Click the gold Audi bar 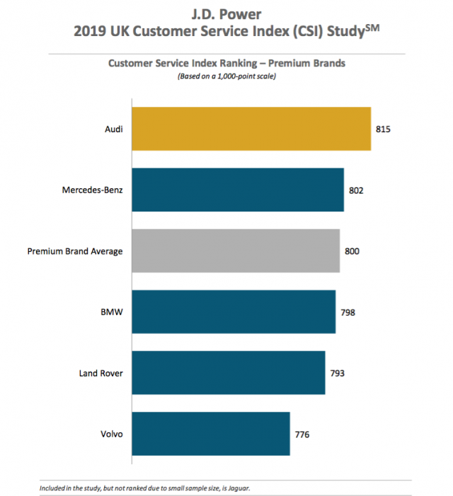pos(251,129)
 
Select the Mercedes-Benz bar pos(238,190)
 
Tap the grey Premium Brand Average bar pos(236,250)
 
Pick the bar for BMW pos(234,311)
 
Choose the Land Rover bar pos(229,372)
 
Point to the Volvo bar pos(211,433)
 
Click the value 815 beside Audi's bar pos(384,129)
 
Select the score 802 pos(357,190)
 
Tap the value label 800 pos(352,251)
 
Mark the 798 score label pos(348,312)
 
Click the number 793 pos(338,373)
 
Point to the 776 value pos(302,434)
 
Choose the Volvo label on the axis pos(112,434)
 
